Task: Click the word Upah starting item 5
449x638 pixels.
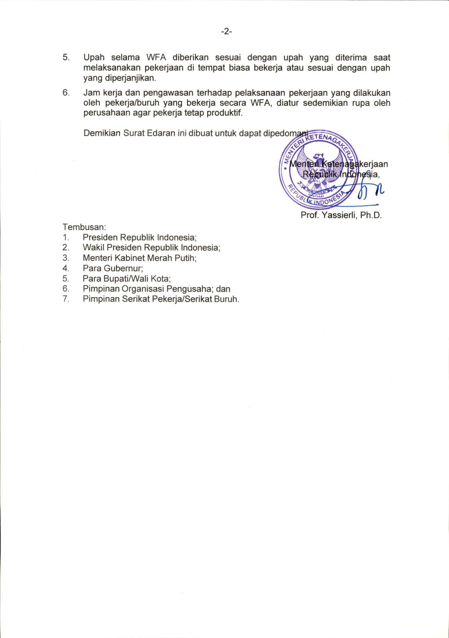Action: coord(94,58)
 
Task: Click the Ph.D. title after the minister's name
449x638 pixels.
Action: coord(371,215)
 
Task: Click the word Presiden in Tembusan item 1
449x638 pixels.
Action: coord(100,237)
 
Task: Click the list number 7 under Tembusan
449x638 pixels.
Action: coord(66,299)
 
